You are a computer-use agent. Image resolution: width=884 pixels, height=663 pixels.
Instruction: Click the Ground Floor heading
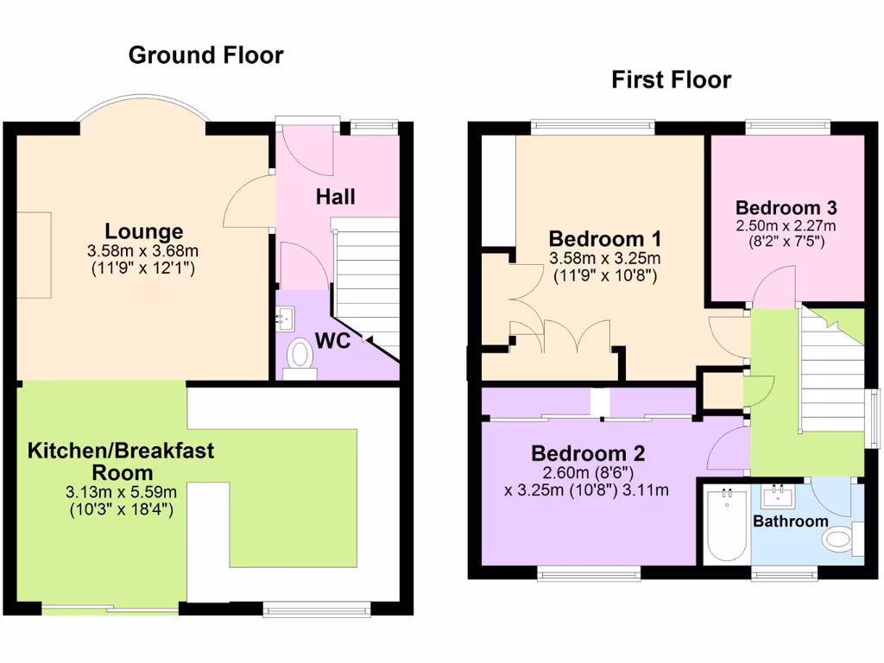click(x=205, y=55)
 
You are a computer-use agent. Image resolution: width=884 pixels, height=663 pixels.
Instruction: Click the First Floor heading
click(x=671, y=80)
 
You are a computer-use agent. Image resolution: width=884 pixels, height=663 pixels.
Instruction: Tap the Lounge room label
click(x=144, y=231)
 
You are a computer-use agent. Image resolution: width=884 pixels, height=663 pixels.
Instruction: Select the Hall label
click(x=335, y=197)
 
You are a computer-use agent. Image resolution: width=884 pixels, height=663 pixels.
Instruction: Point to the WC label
click(x=332, y=340)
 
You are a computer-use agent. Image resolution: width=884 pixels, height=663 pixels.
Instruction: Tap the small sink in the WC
click(x=286, y=319)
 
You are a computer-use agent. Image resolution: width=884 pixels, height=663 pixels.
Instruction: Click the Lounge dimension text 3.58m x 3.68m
click(x=144, y=251)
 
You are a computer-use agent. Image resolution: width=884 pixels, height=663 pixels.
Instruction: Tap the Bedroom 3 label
click(x=786, y=208)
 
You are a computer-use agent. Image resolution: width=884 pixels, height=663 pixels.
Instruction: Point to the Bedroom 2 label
click(x=588, y=453)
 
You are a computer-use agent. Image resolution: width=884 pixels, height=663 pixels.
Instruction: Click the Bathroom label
click(x=791, y=521)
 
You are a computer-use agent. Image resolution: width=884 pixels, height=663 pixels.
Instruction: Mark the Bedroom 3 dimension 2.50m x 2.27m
click(x=786, y=226)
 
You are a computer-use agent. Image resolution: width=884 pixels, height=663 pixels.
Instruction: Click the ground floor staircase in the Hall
click(x=364, y=276)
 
